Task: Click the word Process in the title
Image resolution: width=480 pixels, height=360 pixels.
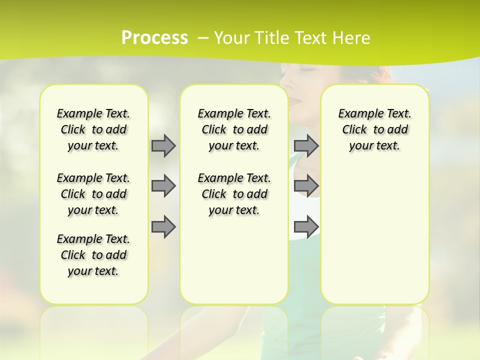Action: pyautogui.click(x=154, y=38)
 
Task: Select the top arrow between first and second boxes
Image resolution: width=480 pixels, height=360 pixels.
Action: pyautogui.click(x=163, y=145)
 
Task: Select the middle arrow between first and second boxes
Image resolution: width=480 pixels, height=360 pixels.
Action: pyautogui.click(x=163, y=186)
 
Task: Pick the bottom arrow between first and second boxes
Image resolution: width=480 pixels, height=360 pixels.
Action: pyautogui.click(x=163, y=226)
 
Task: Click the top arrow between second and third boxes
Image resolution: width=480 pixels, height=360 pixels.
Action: pyautogui.click(x=306, y=145)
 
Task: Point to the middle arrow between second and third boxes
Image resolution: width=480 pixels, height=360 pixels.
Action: pyautogui.click(x=306, y=186)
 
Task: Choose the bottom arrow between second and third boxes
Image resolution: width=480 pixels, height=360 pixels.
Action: pyautogui.click(x=306, y=226)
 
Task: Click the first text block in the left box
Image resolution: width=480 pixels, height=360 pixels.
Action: pyautogui.click(x=93, y=129)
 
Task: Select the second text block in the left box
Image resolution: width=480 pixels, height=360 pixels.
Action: pyautogui.click(x=93, y=194)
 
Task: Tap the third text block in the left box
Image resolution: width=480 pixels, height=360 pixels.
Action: pyautogui.click(x=93, y=255)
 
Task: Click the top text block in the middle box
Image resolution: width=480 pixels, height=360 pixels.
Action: pyautogui.click(x=234, y=129)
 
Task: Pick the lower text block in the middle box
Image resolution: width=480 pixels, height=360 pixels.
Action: pyautogui.click(x=234, y=194)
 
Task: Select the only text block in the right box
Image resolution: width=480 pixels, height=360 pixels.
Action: pyautogui.click(x=374, y=129)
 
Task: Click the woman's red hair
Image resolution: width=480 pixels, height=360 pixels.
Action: pyautogui.click(x=385, y=75)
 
